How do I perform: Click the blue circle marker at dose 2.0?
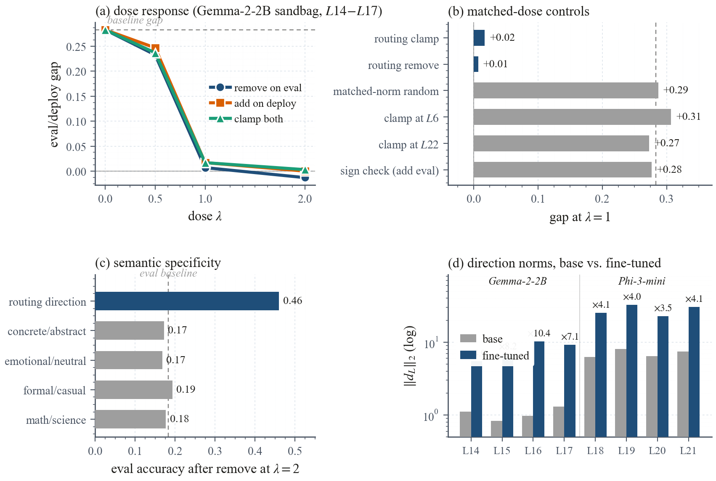point(305,177)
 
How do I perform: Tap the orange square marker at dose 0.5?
point(155,49)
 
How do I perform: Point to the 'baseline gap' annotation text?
point(135,20)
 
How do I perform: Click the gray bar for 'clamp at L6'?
point(572,117)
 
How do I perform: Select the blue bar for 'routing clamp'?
point(479,38)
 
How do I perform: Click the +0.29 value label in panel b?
point(676,90)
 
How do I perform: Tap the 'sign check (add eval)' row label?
point(389,171)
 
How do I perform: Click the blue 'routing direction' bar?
point(187,301)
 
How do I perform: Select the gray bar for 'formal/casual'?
point(134,390)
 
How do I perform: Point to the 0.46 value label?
point(292,301)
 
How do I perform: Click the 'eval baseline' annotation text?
point(168,273)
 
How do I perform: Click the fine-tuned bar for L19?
point(632,370)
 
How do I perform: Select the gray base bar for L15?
point(496,428)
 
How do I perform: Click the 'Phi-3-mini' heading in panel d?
point(642,281)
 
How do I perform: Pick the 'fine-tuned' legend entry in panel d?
point(505,356)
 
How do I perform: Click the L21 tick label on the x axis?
point(688,451)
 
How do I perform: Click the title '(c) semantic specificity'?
point(158,263)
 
